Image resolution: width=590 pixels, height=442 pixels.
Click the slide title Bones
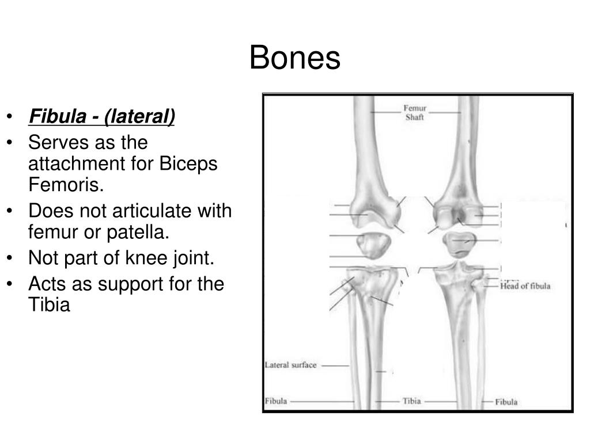(295, 59)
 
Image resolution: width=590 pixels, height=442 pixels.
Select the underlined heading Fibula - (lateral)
(102, 117)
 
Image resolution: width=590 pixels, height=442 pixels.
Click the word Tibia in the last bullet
(49, 305)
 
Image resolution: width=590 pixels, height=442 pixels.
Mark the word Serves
(56, 142)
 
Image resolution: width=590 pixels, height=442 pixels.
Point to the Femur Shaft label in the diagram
(415, 112)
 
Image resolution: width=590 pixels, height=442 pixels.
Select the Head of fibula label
(525, 287)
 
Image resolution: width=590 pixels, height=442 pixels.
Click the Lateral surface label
(290, 365)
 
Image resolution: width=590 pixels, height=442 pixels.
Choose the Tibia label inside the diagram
(411, 401)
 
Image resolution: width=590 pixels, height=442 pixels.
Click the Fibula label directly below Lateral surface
(276, 401)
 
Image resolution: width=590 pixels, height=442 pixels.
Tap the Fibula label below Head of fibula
(506, 402)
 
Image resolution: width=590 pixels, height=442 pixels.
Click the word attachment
(85, 163)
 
